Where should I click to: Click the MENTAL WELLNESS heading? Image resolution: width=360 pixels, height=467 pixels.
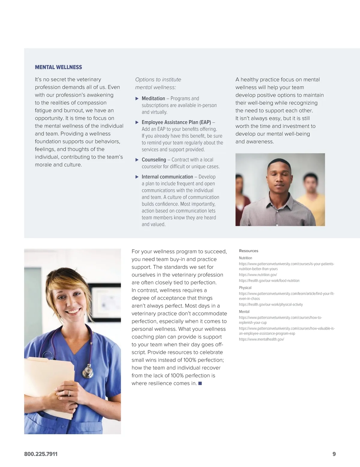click(x=58, y=67)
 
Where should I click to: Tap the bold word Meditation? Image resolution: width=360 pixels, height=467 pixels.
click(x=153, y=98)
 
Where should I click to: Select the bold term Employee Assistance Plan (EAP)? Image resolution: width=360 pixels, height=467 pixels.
click(x=176, y=122)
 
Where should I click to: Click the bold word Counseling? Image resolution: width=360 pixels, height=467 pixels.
click(x=154, y=160)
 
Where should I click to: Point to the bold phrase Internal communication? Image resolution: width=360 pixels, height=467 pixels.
click(x=167, y=177)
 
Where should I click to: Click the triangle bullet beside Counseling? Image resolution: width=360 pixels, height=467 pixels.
click(x=137, y=160)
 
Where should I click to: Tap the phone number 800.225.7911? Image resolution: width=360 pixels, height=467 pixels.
click(x=41, y=454)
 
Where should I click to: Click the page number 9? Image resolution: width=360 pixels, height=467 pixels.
click(x=334, y=454)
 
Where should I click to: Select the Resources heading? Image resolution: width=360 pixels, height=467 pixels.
click(x=248, y=251)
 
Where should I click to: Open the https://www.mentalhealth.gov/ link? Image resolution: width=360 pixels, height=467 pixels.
click(x=261, y=339)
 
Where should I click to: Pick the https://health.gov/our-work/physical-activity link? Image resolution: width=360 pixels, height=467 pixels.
click(x=271, y=304)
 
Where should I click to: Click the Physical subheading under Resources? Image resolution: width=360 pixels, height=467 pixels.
click(x=245, y=288)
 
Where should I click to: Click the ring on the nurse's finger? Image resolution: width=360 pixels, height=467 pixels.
click(x=69, y=393)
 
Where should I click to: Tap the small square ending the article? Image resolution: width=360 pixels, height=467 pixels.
click(x=200, y=383)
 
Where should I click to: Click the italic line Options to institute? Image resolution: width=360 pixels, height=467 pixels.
click(x=158, y=80)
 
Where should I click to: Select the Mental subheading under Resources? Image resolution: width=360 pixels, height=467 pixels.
click(x=244, y=312)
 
